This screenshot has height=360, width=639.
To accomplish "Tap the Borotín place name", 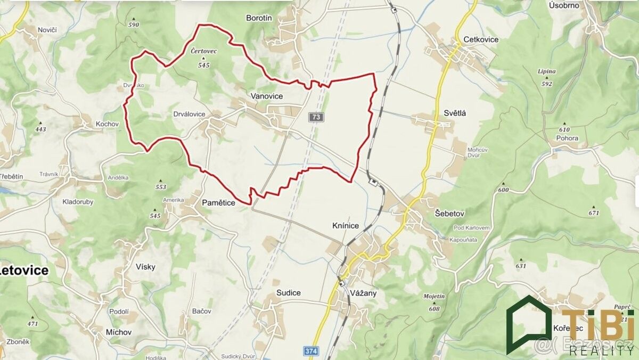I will [x=259, y=18].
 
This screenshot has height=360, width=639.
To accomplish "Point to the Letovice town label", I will [x=24, y=271].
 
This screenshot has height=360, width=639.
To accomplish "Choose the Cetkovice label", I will [x=481, y=39].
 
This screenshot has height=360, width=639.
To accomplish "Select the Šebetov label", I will [x=450, y=213].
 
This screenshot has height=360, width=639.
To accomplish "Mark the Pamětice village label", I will [x=218, y=202].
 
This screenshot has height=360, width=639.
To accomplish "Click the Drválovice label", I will [x=189, y=114].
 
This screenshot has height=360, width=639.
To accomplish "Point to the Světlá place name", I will [x=455, y=113].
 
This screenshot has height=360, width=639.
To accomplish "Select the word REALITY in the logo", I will [x=602, y=350].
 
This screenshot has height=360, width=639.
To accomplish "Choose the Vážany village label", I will [x=364, y=293].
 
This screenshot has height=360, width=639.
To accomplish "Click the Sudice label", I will [x=288, y=293].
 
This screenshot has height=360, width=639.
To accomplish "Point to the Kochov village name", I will [x=106, y=124].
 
